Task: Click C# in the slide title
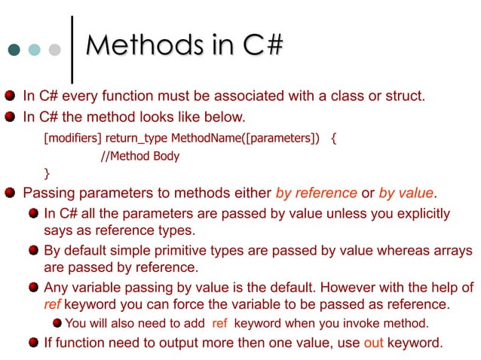[263, 46]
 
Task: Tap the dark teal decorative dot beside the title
[14, 50]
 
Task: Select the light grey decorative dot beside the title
[54, 50]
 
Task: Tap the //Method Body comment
[141, 157]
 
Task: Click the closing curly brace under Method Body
[47, 174]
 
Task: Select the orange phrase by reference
[316, 193]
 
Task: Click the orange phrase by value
[408, 193]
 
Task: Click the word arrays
[453, 250]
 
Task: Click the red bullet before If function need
[33, 343]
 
